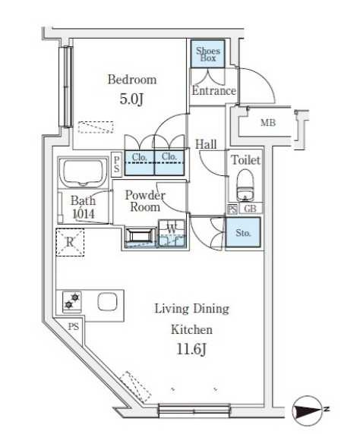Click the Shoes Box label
(x=208, y=55)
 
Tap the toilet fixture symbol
(x=245, y=185)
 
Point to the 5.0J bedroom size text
(x=131, y=99)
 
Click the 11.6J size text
(x=191, y=350)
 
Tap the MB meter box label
(x=268, y=123)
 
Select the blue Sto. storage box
(x=243, y=232)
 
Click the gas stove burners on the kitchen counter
(x=72, y=301)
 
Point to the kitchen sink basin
(x=107, y=302)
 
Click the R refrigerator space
(x=70, y=242)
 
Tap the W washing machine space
(x=172, y=234)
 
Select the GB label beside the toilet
(x=250, y=209)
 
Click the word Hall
(x=206, y=144)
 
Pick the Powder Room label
(x=145, y=201)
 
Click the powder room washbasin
(x=140, y=237)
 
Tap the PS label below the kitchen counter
(x=74, y=326)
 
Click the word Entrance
(x=213, y=91)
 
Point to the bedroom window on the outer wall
(x=67, y=86)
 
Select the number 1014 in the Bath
(x=84, y=214)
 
